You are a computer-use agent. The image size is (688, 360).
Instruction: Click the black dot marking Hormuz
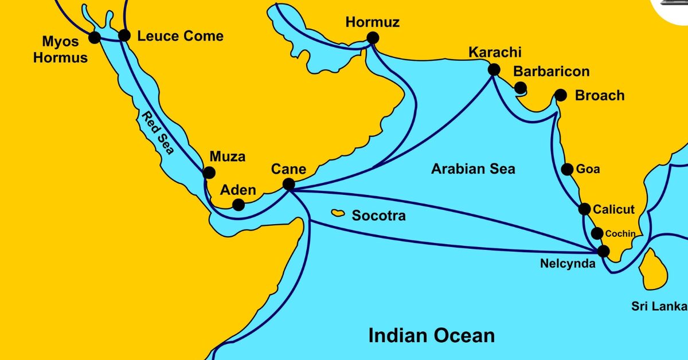tap(373, 38)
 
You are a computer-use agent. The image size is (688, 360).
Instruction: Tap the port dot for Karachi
tap(494, 70)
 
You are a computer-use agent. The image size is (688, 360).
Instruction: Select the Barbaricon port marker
tap(520, 88)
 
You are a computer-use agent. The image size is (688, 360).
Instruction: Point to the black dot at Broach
tap(560, 95)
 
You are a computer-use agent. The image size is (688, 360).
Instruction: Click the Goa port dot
tap(567, 169)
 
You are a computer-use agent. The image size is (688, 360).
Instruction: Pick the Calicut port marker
tap(584, 209)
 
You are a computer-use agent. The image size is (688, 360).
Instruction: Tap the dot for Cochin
tap(597, 233)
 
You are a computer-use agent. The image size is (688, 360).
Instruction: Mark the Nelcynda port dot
tap(603, 251)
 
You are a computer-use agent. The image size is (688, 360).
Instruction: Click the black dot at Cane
tap(289, 184)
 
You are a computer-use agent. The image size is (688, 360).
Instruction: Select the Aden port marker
tap(239, 205)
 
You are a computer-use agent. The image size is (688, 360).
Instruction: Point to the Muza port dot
tap(209, 172)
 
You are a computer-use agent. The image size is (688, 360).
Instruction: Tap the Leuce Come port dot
tap(124, 36)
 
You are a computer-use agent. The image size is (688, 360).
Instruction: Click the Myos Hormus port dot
tap(95, 37)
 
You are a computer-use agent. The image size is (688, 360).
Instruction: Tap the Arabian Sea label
tap(473, 169)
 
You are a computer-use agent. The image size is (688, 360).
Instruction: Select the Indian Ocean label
tap(431, 335)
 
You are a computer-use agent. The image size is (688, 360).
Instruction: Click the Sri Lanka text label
tap(659, 306)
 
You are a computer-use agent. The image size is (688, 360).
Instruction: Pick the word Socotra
tap(378, 216)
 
